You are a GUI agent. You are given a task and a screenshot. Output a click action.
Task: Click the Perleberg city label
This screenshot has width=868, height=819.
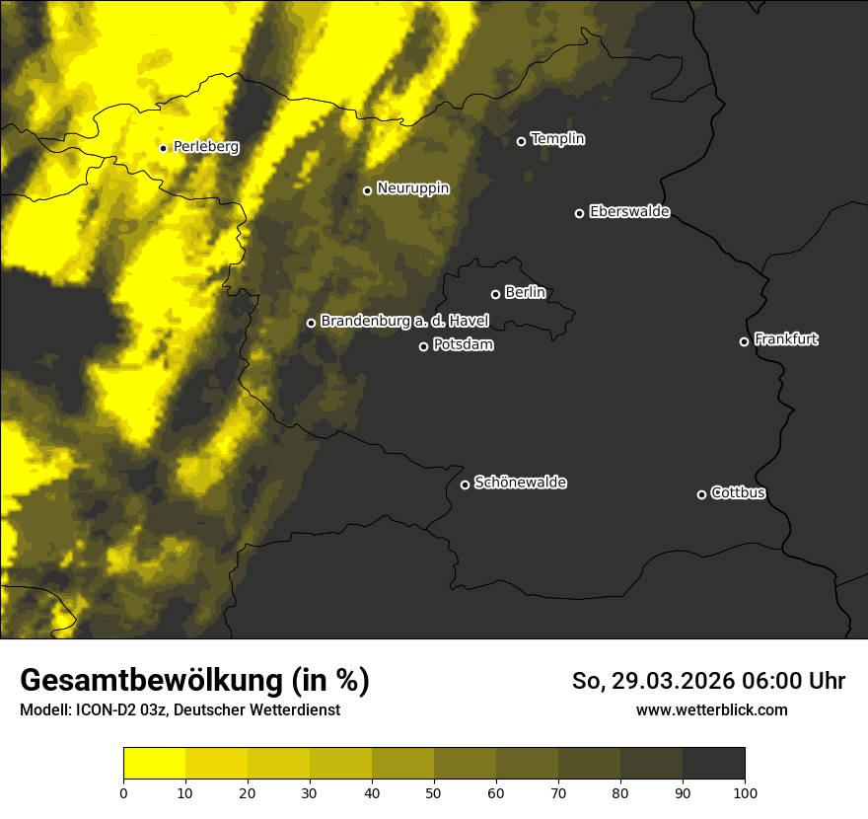pos(205,147)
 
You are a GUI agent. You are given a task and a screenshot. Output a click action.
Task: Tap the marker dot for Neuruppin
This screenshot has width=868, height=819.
pos(367,190)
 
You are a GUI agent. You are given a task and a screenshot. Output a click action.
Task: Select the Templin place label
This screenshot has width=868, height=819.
pos(557,139)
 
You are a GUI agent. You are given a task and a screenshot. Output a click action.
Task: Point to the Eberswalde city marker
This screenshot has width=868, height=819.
pos(579,213)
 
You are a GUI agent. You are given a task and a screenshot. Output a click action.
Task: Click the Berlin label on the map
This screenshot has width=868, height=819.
pos(525,293)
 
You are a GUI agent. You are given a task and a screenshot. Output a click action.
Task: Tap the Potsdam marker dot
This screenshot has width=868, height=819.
pos(423,346)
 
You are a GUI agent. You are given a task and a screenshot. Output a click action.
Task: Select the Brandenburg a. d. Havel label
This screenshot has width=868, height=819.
pos(404,322)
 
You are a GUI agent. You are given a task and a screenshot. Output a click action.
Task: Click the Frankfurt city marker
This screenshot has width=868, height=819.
pos(744,341)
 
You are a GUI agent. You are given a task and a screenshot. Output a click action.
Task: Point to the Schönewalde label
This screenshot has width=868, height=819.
pos(520,483)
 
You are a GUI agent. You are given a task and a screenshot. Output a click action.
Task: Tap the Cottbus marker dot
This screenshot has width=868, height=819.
pos(701,494)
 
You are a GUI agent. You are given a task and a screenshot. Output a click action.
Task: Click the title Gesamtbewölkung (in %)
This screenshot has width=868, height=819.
pos(194,681)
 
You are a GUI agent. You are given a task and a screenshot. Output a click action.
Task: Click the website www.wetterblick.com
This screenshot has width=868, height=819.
pos(711,709)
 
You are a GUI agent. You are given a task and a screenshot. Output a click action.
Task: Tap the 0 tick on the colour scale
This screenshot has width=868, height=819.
pos(123,792)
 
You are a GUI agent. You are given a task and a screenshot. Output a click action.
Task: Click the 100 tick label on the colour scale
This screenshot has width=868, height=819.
pos(745,792)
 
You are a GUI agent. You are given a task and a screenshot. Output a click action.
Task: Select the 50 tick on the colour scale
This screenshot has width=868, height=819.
pos(434,792)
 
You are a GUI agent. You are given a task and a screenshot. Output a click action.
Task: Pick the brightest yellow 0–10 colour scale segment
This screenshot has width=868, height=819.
pos(154,764)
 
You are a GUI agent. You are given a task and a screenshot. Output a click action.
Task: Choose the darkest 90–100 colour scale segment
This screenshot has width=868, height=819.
pos(713,764)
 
